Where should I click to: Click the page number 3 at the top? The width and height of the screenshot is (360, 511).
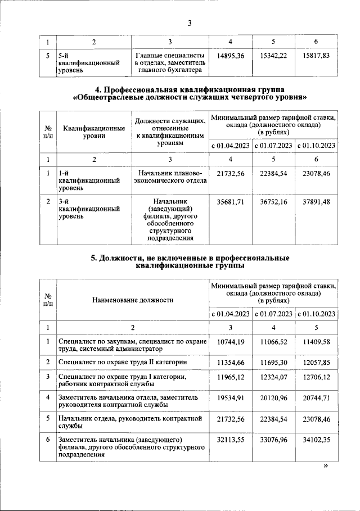(x=190, y=23)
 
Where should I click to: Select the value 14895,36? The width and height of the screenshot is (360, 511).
(x=231, y=56)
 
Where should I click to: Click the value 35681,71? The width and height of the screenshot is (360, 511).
(x=231, y=200)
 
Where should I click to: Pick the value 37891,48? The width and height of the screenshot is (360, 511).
(x=317, y=200)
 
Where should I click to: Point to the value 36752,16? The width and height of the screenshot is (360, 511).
(x=274, y=200)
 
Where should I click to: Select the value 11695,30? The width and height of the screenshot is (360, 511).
(x=274, y=363)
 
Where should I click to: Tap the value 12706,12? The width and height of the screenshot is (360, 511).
(x=317, y=376)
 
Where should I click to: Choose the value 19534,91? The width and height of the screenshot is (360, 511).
(x=231, y=398)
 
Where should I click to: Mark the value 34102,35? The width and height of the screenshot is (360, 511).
(x=317, y=438)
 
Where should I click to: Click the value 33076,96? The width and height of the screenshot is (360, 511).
(x=274, y=438)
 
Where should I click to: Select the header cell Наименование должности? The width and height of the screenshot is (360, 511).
(x=132, y=300)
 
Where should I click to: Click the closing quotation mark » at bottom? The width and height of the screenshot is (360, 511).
(x=325, y=466)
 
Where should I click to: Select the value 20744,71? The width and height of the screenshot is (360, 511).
(x=317, y=398)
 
